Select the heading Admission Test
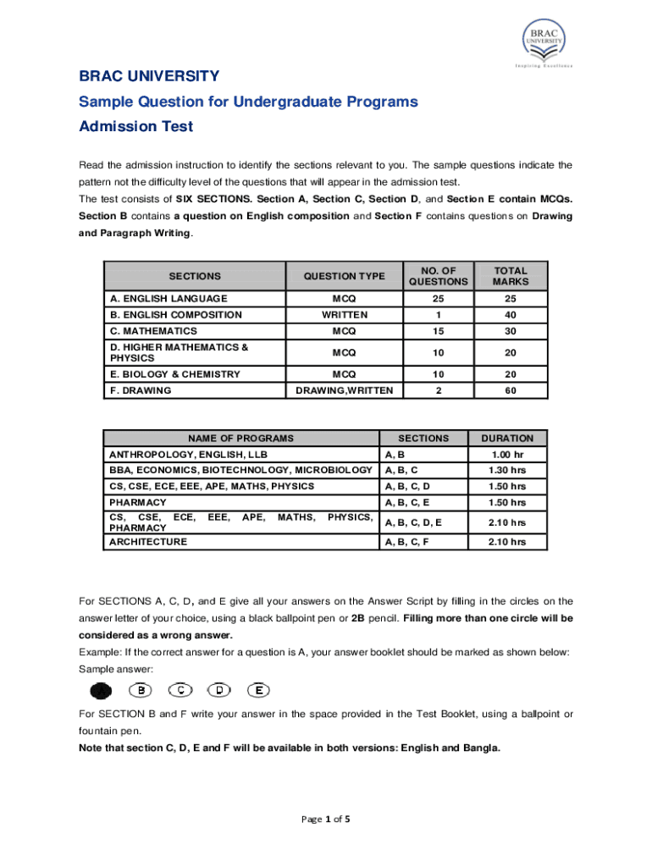tap(135, 127)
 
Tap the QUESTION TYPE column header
tap(344, 276)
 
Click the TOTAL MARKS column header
tap(511, 276)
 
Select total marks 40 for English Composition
tap(511, 315)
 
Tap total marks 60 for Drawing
tap(511, 390)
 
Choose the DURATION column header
tap(507, 439)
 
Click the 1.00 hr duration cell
tap(507, 455)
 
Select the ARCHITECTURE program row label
tap(148, 542)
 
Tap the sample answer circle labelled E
tap(258, 689)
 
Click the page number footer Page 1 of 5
tap(325, 820)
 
